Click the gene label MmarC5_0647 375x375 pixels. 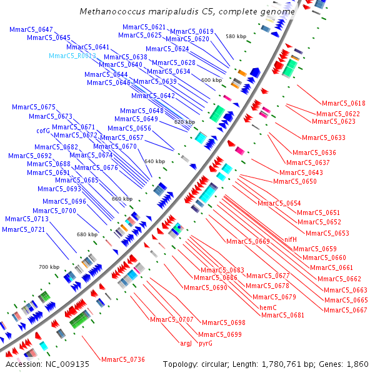(31, 29)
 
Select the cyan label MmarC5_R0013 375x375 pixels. (72, 56)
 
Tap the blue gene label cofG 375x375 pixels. (42, 131)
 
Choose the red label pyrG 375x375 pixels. (209, 343)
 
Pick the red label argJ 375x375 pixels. (186, 343)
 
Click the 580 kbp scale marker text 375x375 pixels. (236, 37)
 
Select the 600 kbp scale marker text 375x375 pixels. (211, 80)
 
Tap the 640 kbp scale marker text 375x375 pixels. (154, 161)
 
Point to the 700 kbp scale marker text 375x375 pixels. (49, 267)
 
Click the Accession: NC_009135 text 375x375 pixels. (47, 364)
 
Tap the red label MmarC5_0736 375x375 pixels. (123, 359)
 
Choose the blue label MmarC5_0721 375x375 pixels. (23, 229)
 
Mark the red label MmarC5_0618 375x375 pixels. (344, 103)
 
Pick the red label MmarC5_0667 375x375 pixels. (345, 310)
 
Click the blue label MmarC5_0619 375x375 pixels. (192, 31)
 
